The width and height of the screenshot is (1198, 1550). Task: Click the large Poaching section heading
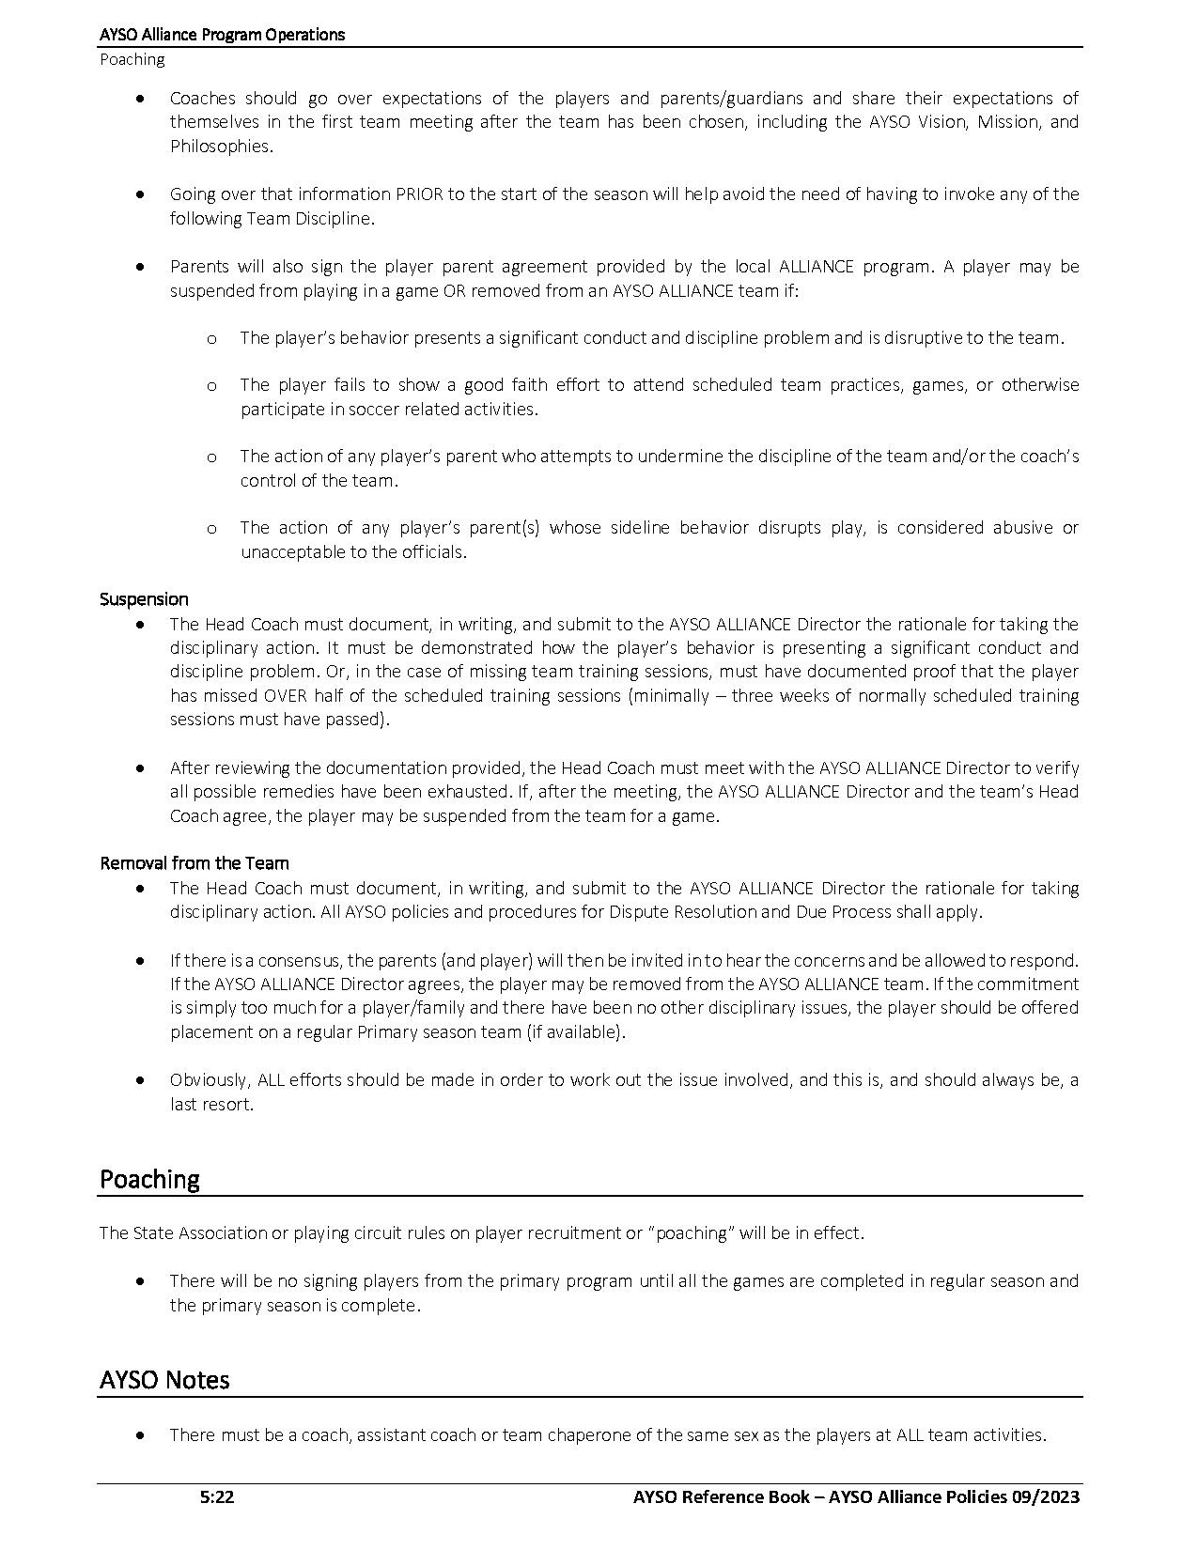(x=149, y=1179)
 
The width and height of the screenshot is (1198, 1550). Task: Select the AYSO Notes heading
(x=164, y=1380)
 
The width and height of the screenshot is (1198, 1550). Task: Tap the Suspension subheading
(x=144, y=599)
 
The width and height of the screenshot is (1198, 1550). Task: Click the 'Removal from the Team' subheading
(x=194, y=863)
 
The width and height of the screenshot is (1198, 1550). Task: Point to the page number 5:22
(x=217, y=1497)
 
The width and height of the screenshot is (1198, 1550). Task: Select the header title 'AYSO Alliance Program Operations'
(x=222, y=35)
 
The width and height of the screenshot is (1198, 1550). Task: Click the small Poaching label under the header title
(x=132, y=59)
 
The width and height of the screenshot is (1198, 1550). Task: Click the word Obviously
(x=210, y=1080)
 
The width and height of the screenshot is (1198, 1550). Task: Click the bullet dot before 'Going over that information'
(x=140, y=194)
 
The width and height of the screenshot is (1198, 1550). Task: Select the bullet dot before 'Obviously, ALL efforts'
(x=140, y=1080)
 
